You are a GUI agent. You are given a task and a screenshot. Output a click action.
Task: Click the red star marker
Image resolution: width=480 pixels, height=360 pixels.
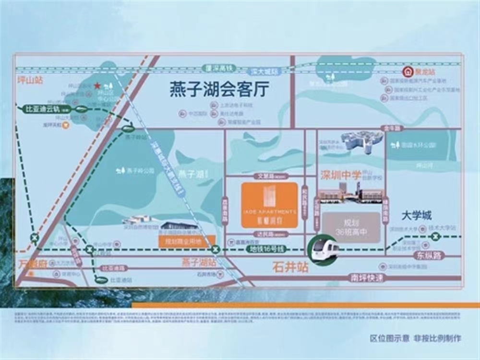coord(97,86)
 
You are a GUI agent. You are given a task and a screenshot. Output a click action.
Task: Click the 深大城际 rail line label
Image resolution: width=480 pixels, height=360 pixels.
coord(264,72)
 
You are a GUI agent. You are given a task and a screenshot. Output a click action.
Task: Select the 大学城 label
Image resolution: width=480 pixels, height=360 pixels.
coord(417,215)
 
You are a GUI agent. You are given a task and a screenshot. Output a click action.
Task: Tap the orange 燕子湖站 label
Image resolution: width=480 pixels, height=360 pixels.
coord(199,263)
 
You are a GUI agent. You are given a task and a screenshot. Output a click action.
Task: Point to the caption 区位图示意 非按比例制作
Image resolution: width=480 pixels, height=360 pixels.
coord(416,338)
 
